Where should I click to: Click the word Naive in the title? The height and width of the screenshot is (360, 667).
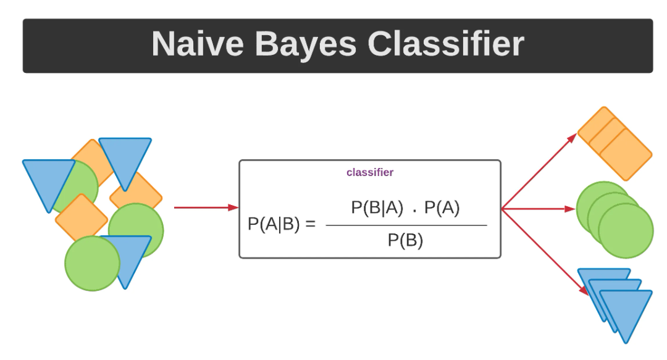[196, 45]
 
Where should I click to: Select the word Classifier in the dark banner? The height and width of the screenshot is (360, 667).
[446, 45]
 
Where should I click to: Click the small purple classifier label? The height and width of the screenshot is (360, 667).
[370, 173]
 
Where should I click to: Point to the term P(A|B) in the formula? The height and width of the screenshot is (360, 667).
[274, 224]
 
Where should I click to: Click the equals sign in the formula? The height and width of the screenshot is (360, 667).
[310, 224]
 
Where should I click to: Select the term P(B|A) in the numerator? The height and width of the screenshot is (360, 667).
[377, 208]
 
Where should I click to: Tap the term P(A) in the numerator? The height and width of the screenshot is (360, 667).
[442, 208]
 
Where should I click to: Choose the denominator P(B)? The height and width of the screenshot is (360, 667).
[405, 241]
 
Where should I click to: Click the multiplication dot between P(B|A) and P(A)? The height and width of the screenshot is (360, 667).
[414, 209]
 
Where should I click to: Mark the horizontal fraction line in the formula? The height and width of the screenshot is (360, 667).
[406, 225]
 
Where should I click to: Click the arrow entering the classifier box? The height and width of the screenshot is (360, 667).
[206, 207]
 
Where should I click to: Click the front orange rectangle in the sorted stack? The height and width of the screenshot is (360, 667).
[626, 154]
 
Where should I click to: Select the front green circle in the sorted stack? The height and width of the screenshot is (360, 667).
[626, 230]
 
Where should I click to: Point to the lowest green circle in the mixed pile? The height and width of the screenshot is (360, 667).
[92, 263]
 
